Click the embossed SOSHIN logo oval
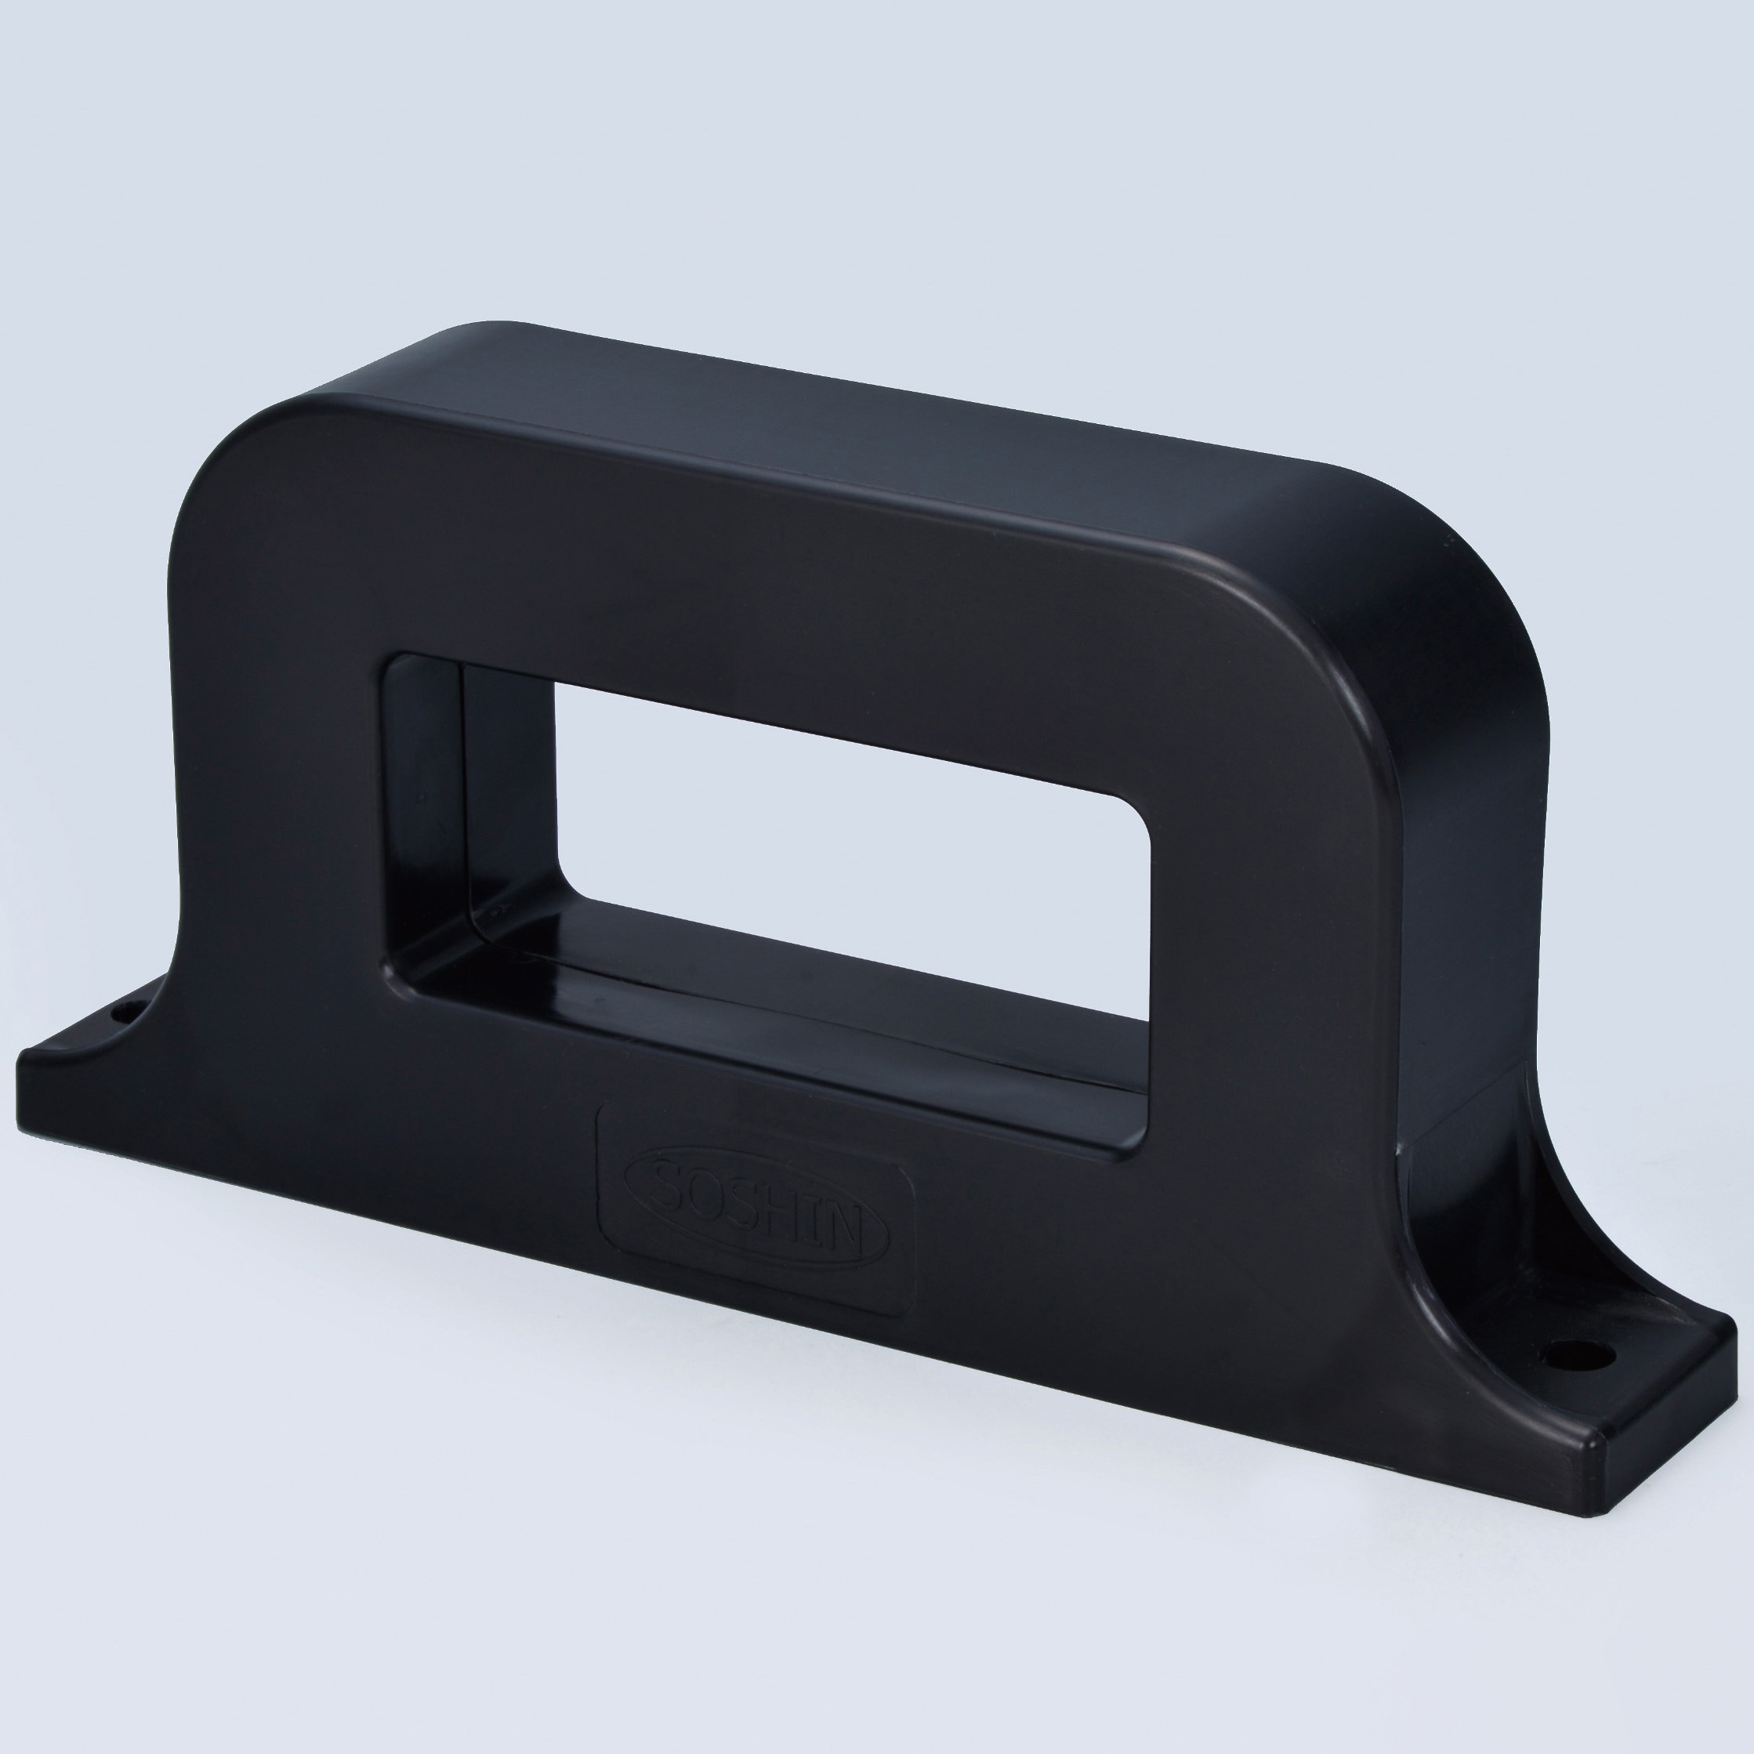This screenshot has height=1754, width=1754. point(757,1208)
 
